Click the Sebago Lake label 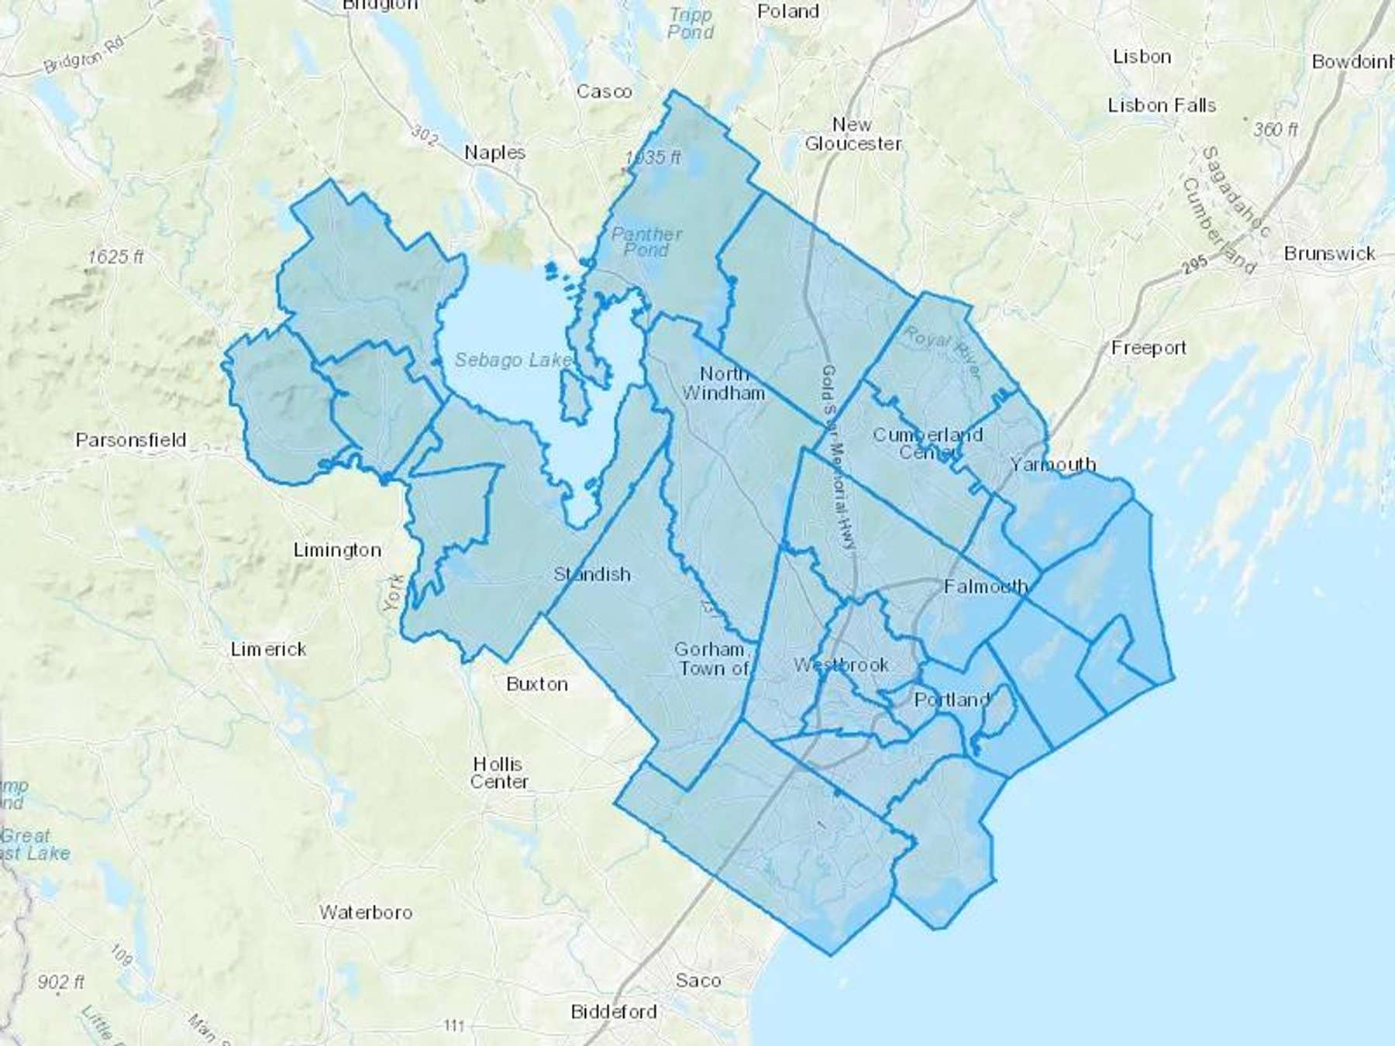(x=514, y=360)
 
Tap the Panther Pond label (x=646, y=242)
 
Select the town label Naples (x=494, y=153)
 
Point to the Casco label (x=604, y=91)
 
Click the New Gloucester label (x=852, y=134)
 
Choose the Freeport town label (x=1149, y=348)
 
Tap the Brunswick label (x=1329, y=253)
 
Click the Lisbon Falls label (x=1162, y=105)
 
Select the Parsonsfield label (x=131, y=440)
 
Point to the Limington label (x=337, y=550)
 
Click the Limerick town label (x=269, y=649)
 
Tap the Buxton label (x=537, y=684)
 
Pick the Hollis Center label (x=499, y=772)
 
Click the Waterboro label (x=366, y=913)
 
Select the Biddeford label (x=614, y=1012)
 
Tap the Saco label (x=697, y=980)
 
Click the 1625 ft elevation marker (x=115, y=256)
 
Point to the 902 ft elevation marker (x=60, y=982)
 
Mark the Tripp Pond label (x=690, y=23)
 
